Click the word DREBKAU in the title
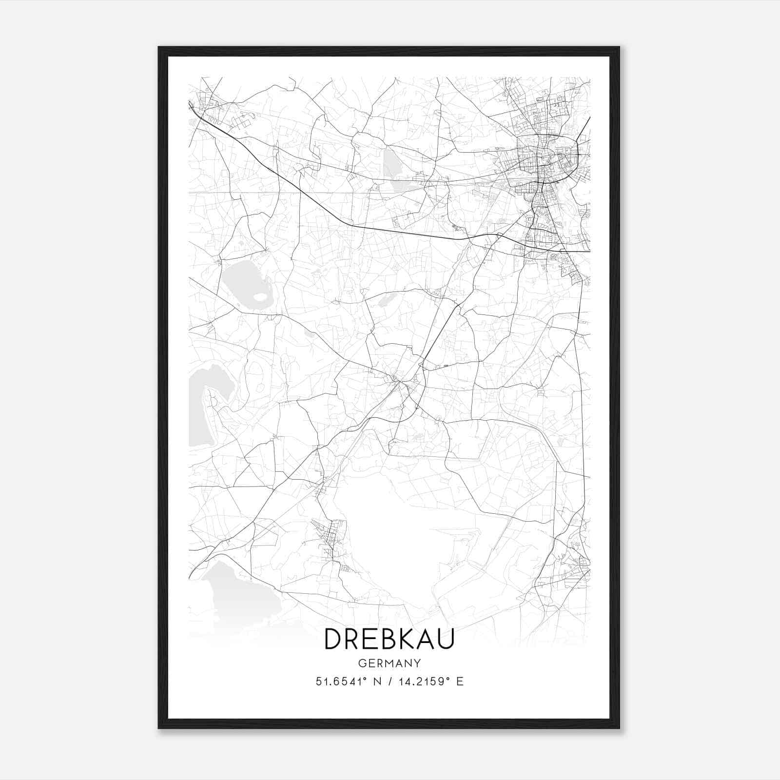click(389, 639)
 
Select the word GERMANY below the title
click(389, 663)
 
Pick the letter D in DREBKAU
click(333, 639)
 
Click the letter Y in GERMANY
click(417, 663)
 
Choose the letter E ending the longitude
click(460, 682)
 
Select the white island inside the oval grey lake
click(259, 296)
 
